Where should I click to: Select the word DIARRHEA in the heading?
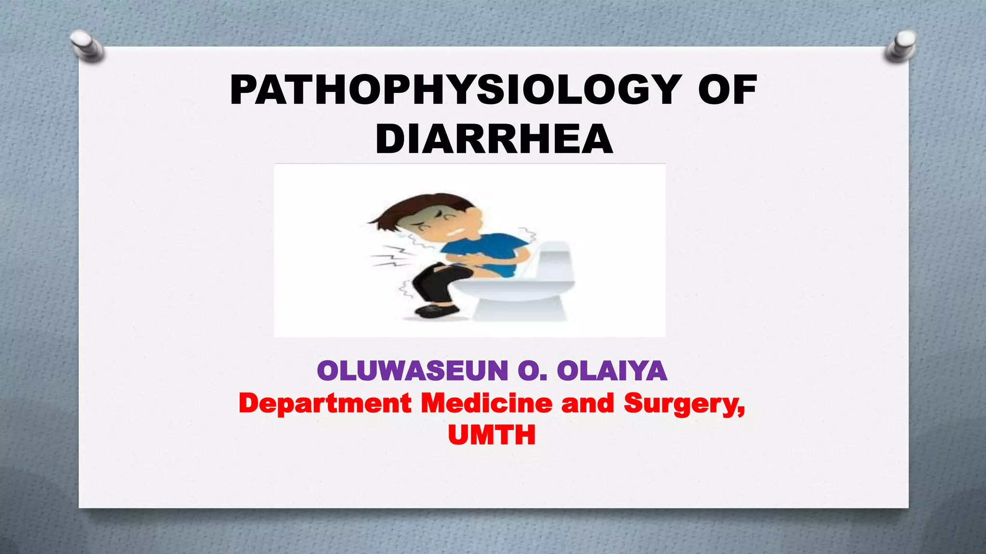point(494,139)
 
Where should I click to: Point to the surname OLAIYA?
point(611,371)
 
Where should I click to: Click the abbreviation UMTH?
point(492,435)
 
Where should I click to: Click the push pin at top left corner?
point(87,46)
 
